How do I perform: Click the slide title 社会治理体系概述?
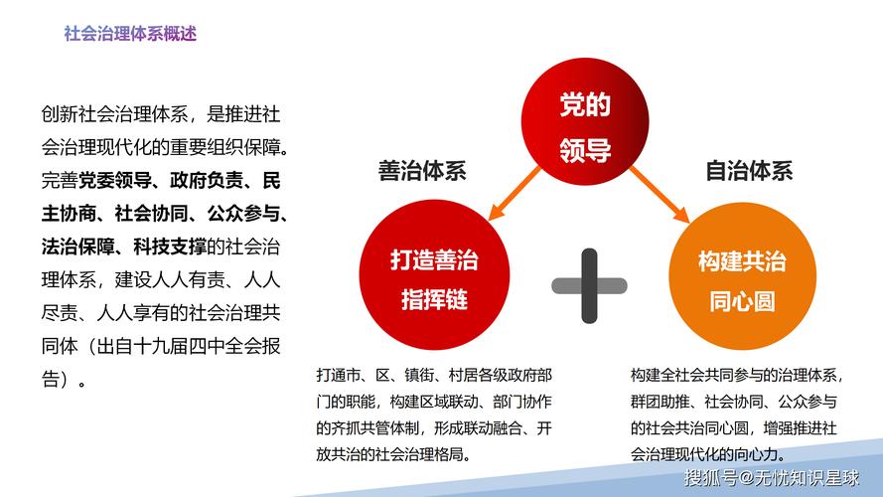pos(129,33)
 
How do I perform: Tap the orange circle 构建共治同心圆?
pos(742,280)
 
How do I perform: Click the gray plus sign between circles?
pos(589,285)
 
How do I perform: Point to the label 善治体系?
pos(422,171)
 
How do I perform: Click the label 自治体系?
pos(749,171)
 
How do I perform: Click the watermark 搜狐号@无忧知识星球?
pos(775,478)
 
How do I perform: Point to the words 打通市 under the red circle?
pos(340,376)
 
